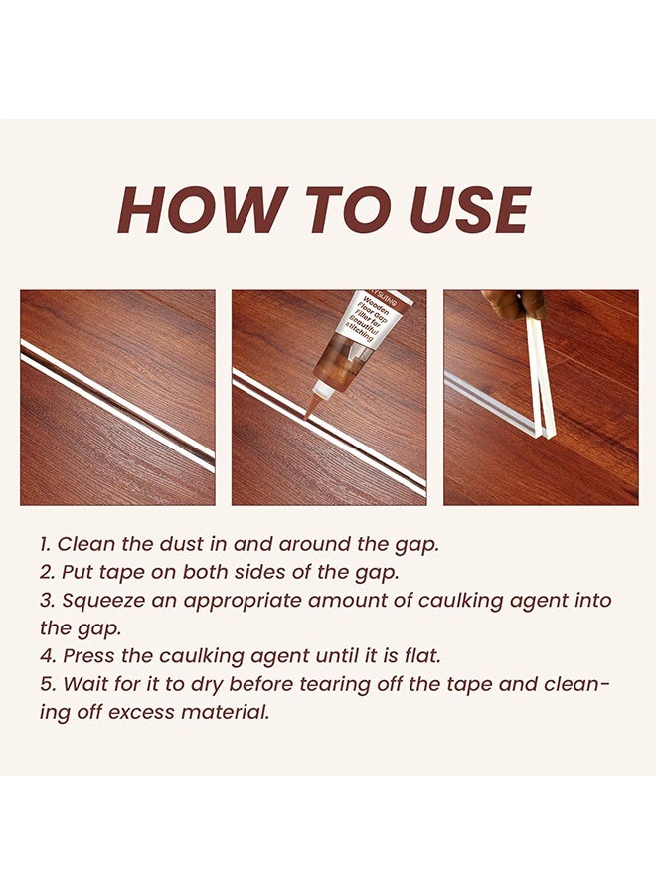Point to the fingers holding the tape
click(x=513, y=304)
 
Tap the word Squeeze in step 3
click(x=100, y=600)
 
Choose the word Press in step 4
click(x=86, y=656)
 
